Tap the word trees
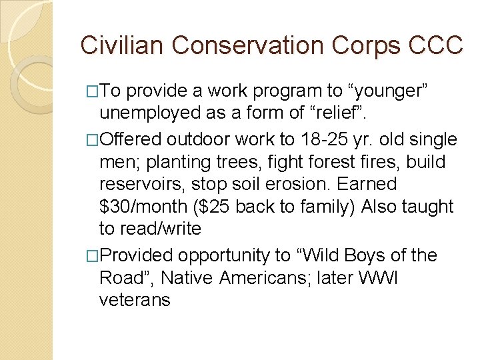225,162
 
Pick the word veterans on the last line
135,300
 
